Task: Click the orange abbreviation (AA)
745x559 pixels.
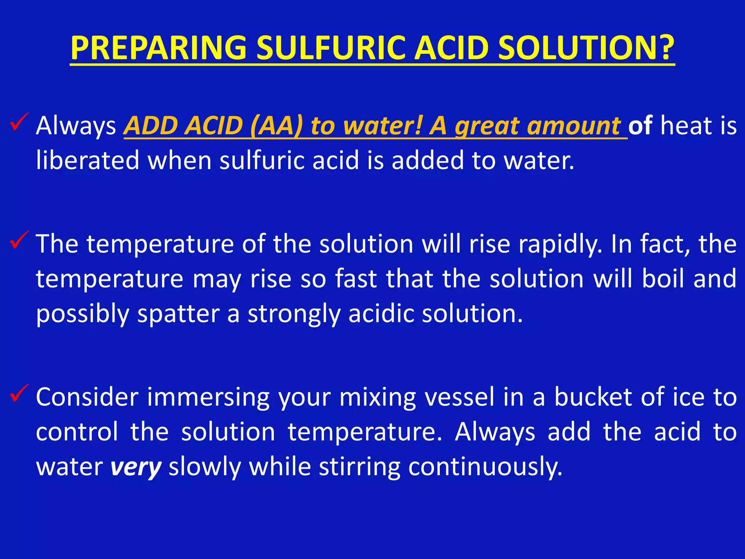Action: [276, 126]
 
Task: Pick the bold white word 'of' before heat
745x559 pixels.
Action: [640, 126]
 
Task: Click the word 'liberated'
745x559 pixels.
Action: [88, 160]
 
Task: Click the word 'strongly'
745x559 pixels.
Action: [294, 314]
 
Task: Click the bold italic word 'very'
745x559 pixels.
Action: [136, 467]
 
